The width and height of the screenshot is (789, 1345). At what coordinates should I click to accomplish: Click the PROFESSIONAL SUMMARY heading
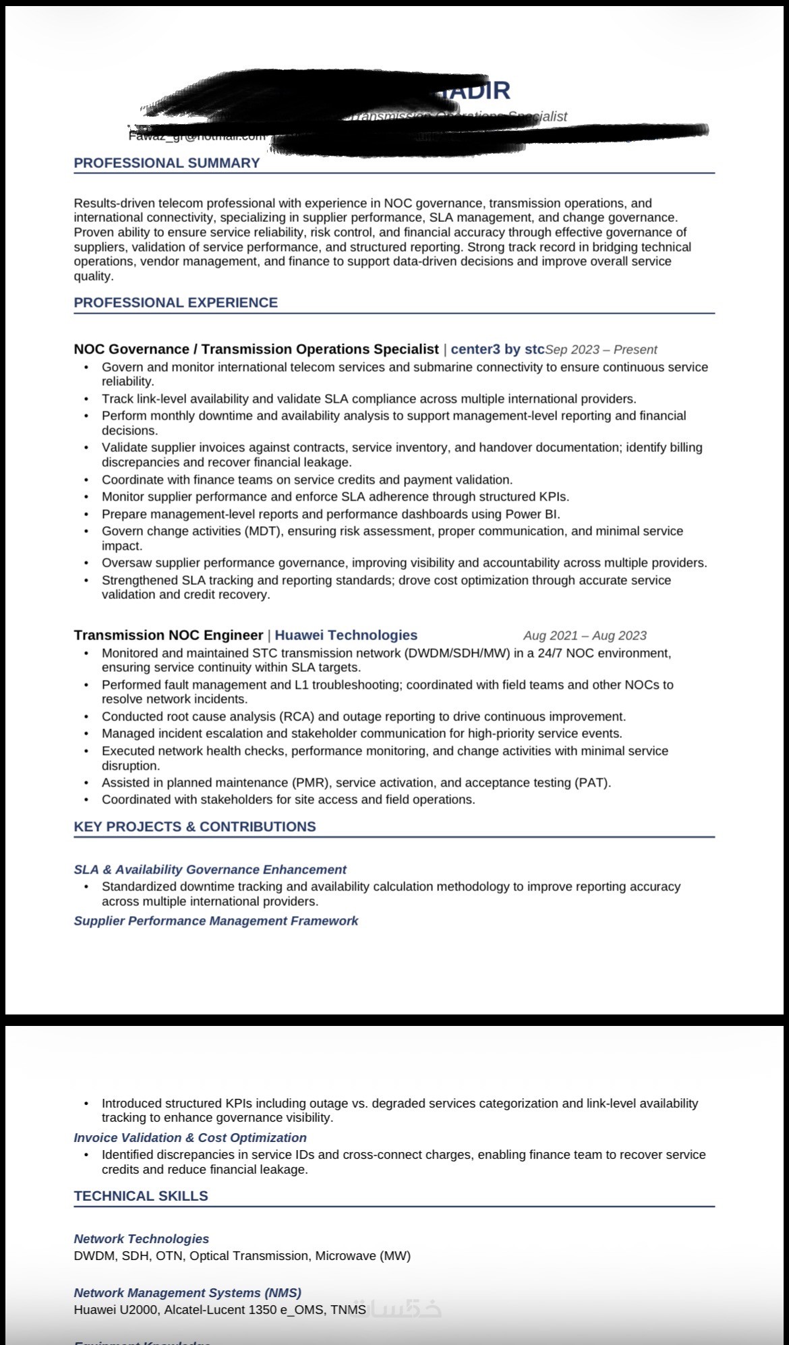[x=167, y=163]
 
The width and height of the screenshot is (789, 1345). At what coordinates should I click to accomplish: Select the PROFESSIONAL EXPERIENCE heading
[x=175, y=303]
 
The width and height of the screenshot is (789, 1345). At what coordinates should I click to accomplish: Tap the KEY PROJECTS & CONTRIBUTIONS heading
[x=194, y=827]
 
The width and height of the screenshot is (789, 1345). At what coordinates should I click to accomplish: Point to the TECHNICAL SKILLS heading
[x=140, y=1196]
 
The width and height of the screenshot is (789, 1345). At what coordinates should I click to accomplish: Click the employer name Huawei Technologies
[x=346, y=635]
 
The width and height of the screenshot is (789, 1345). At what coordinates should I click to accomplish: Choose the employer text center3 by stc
[x=497, y=349]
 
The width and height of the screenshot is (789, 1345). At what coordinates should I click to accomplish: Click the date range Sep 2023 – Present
[x=601, y=350]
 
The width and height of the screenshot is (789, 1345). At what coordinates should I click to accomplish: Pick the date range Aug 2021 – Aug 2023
[x=585, y=636]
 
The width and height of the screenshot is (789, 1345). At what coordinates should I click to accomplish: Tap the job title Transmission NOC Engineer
[x=168, y=635]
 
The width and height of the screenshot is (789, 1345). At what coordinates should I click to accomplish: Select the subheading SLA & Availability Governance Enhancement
[x=210, y=870]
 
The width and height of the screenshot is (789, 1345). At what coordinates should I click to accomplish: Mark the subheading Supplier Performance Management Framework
[x=216, y=921]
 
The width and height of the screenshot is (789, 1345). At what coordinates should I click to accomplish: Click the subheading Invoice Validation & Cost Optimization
[x=190, y=1138]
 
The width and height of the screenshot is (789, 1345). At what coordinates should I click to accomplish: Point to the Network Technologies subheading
[x=141, y=1239]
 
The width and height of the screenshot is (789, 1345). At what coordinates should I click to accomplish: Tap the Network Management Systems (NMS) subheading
[x=187, y=1293]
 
